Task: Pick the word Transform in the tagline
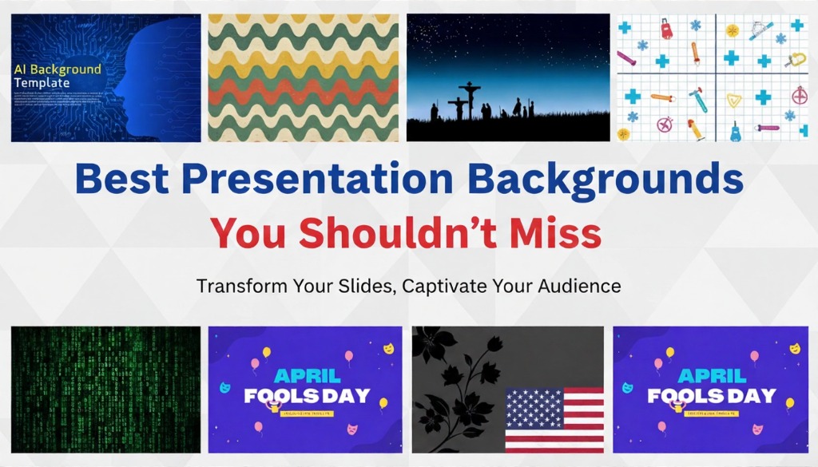tap(236, 285)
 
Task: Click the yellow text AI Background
tap(58, 69)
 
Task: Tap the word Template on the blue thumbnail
tap(42, 82)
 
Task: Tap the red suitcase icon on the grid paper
tap(666, 30)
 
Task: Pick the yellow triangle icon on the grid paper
tap(733, 100)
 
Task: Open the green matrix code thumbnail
tap(105, 389)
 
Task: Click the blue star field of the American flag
tap(534, 408)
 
